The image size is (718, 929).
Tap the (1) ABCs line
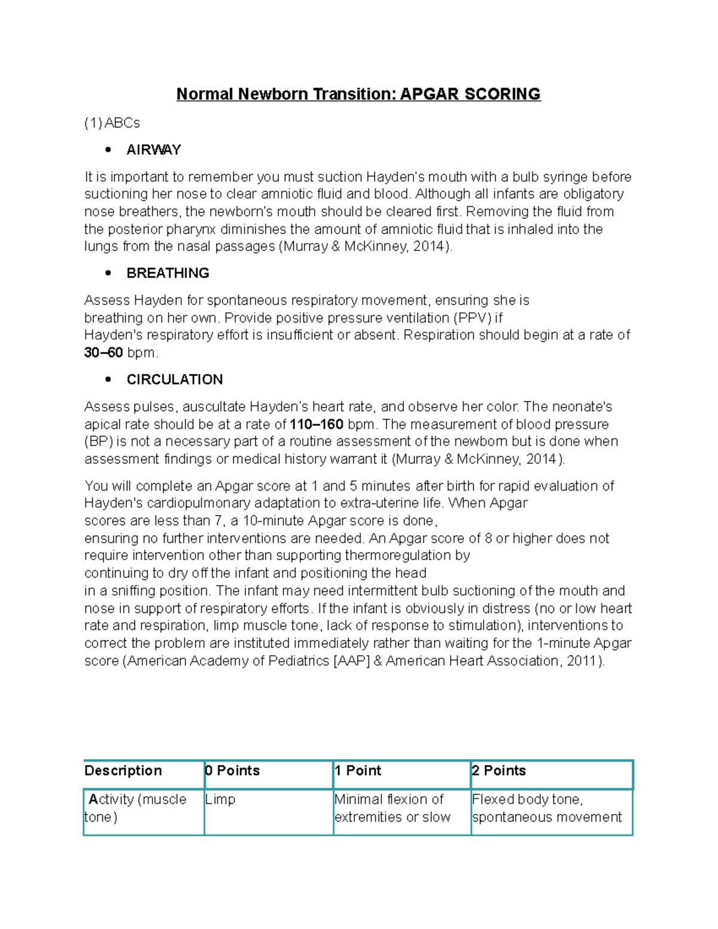click(x=112, y=123)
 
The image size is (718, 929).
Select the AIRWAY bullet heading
click(x=154, y=150)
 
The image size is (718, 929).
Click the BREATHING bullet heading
click(x=168, y=273)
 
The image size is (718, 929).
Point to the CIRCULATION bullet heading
click(x=175, y=380)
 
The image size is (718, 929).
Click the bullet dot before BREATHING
click(x=108, y=273)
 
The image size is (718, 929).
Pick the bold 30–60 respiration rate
click(x=104, y=353)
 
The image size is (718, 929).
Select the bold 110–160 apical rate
click(x=317, y=425)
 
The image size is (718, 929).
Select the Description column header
click(x=123, y=771)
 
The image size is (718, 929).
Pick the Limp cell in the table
click(x=220, y=800)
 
